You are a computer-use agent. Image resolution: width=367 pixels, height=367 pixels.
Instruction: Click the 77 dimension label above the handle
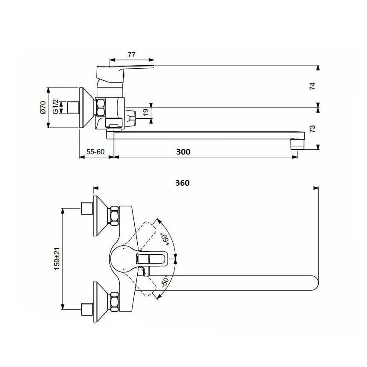click(x=132, y=54)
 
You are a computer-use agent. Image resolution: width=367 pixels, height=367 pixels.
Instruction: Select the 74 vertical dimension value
click(x=313, y=86)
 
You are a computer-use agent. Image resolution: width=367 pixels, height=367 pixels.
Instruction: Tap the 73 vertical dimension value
click(x=313, y=129)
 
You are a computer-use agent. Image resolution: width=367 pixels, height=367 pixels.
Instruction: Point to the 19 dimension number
click(x=146, y=112)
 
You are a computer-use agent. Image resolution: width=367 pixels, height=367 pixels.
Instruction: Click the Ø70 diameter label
click(x=43, y=108)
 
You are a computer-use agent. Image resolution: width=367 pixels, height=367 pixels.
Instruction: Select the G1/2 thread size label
click(x=55, y=107)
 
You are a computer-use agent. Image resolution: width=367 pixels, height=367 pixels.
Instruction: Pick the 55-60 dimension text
click(x=95, y=152)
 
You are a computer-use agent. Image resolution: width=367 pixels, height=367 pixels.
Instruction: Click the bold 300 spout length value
click(x=183, y=152)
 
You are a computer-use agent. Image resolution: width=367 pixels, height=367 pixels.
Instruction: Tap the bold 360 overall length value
click(x=182, y=183)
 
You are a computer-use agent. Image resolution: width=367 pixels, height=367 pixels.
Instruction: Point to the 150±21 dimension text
click(x=57, y=259)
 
